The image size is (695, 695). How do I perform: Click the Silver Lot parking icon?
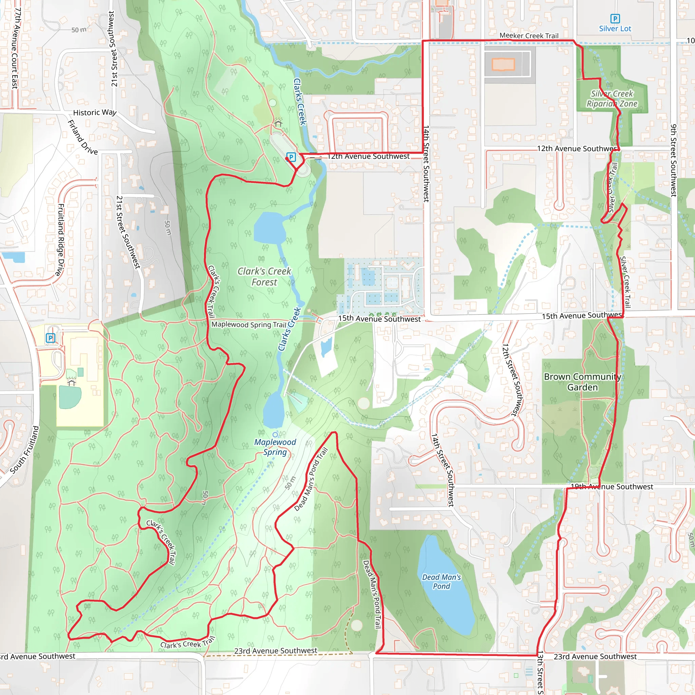click(x=615, y=18)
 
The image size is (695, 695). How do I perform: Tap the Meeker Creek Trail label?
click(x=529, y=36)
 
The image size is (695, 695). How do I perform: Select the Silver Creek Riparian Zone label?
click(x=612, y=98)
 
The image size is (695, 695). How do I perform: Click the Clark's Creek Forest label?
click(x=264, y=277)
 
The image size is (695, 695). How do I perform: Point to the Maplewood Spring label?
click(x=275, y=447)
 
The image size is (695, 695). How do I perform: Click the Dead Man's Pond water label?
click(x=442, y=582)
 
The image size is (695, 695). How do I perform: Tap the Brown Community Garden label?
click(x=582, y=382)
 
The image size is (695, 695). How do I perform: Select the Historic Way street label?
click(x=95, y=113)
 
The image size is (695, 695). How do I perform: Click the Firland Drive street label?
click(x=82, y=137)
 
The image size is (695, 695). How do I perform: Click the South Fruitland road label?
click(x=24, y=450)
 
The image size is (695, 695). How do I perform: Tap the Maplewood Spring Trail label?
click(x=248, y=324)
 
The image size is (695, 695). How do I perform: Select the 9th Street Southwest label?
click(x=674, y=161)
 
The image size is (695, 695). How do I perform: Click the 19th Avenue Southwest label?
click(x=612, y=487)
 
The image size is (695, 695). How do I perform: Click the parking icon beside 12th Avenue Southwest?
click(x=291, y=157)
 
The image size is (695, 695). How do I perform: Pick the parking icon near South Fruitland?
click(x=50, y=338)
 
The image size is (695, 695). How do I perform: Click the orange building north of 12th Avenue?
click(x=503, y=64)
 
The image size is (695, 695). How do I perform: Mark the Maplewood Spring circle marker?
click(x=275, y=435)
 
